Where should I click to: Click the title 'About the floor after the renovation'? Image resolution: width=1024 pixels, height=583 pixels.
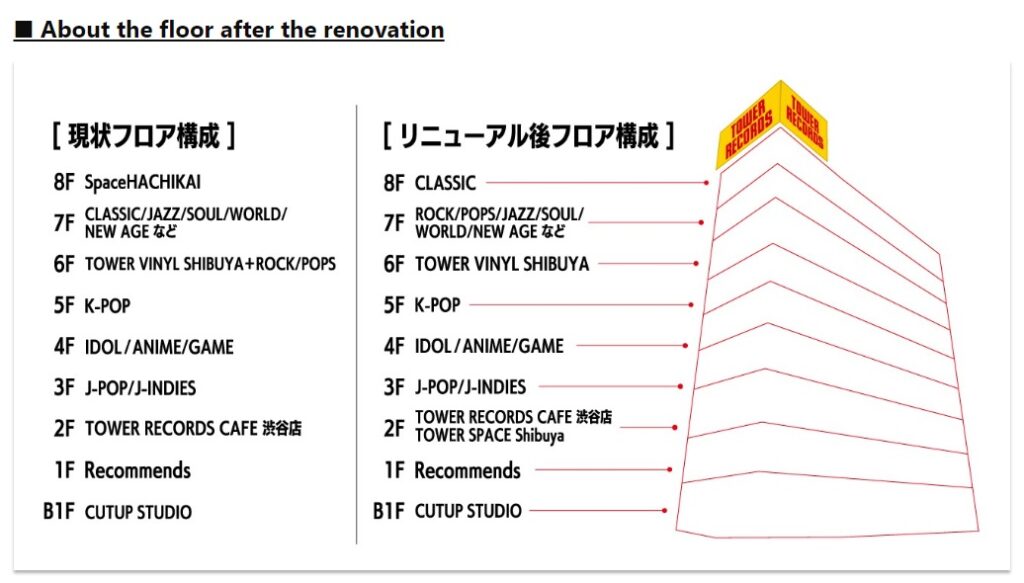point(242,29)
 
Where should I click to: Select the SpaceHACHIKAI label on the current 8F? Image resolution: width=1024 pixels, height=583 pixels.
point(149,183)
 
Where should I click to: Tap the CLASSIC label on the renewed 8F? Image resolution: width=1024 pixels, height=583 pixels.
point(445,183)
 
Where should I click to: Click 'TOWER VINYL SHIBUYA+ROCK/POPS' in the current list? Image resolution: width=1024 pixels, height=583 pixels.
point(210,264)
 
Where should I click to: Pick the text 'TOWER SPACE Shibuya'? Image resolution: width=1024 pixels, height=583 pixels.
point(489,436)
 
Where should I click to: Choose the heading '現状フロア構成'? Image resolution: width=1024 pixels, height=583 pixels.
point(144,135)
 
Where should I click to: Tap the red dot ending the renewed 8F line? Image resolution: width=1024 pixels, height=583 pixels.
point(706,183)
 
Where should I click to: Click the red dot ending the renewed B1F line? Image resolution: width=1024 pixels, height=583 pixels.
point(664,511)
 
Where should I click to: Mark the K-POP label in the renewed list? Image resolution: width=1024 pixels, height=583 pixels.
point(437,305)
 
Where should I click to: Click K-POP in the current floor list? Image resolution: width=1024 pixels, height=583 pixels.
point(107,305)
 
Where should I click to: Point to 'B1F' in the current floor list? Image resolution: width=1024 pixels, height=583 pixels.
point(58,511)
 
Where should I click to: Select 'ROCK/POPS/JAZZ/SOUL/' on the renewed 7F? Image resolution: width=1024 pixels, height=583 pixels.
point(499,214)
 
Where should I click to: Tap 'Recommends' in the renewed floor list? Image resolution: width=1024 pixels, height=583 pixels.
point(467,470)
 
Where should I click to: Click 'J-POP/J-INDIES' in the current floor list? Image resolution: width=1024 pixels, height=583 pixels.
point(140,388)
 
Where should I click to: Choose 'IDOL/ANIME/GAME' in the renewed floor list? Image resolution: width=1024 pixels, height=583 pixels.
point(489,346)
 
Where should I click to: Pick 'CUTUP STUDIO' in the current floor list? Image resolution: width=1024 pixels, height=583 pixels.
point(138,512)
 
